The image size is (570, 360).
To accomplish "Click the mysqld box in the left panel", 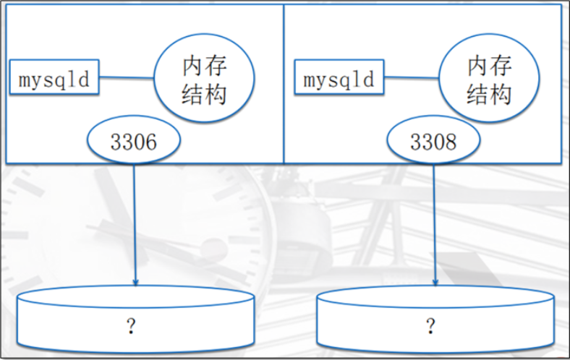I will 54,78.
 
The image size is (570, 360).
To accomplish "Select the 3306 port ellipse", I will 134,142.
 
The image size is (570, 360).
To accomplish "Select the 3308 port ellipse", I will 433,142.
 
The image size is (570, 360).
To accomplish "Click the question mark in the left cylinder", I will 132,326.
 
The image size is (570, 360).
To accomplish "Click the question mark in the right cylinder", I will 431,326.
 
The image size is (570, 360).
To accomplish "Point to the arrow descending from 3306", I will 135,217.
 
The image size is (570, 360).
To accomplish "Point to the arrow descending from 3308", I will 434,217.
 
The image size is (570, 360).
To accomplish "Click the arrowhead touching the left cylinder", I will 135,279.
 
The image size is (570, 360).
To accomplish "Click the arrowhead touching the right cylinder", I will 434,279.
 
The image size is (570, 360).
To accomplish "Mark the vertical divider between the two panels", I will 284,83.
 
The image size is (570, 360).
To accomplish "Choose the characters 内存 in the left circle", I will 204,67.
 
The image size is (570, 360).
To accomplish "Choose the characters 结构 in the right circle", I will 490,94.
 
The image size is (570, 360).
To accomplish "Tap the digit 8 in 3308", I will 450,142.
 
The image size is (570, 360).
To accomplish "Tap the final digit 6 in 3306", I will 150,142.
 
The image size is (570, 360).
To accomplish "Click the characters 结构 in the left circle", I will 204,94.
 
